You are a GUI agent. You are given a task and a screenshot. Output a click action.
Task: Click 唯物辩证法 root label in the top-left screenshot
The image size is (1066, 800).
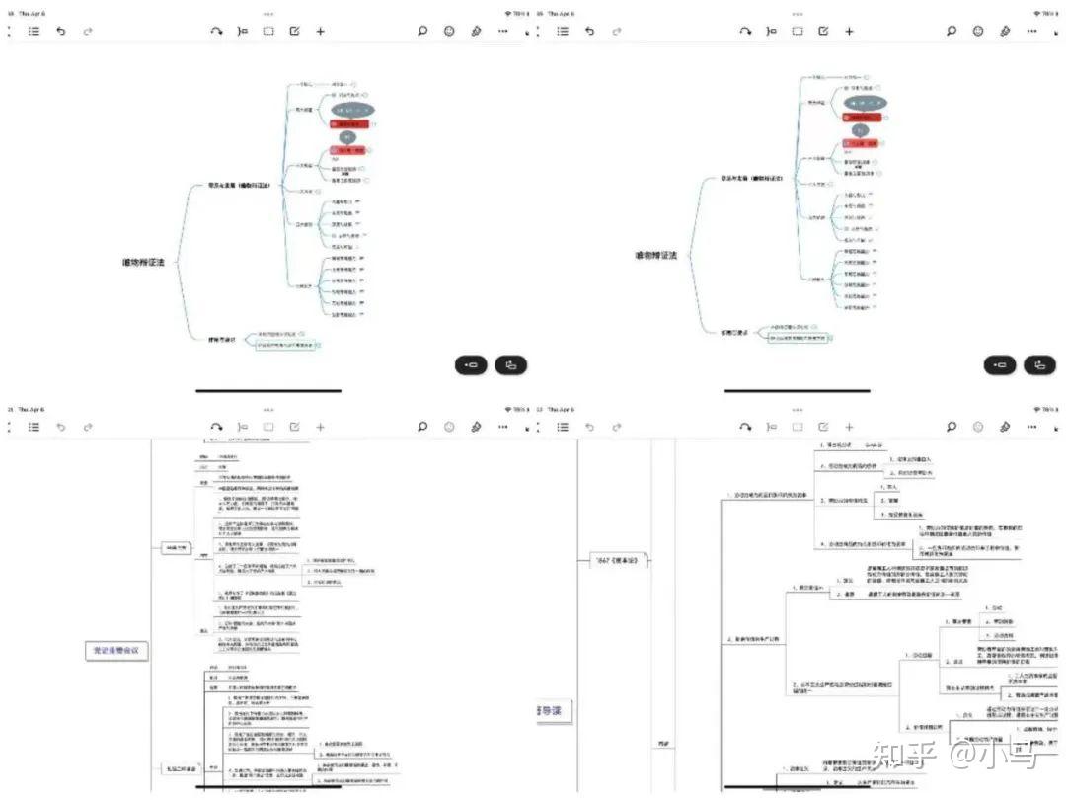pyautogui.click(x=143, y=263)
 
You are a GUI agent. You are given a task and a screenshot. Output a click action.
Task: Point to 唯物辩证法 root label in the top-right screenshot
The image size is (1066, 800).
pyautogui.click(x=655, y=256)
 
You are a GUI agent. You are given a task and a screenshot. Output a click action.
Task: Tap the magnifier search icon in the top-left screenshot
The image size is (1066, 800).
pyautogui.click(x=422, y=31)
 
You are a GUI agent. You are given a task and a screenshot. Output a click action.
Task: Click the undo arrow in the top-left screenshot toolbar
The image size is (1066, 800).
pyautogui.click(x=60, y=31)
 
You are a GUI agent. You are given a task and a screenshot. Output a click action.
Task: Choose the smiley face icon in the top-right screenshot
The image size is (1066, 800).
pyautogui.click(x=978, y=31)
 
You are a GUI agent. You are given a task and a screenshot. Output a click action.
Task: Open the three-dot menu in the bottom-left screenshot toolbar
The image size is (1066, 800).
pyautogui.click(x=502, y=427)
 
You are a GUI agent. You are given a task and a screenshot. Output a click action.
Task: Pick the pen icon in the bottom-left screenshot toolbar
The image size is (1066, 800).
pyautogui.click(x=476, y=427)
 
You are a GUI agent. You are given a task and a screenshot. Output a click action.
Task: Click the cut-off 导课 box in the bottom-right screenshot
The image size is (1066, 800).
pyautogui.click(x=544, y=709)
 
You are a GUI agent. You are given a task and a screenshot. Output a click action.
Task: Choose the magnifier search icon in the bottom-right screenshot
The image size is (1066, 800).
pyautogui.click(x=952, y=427)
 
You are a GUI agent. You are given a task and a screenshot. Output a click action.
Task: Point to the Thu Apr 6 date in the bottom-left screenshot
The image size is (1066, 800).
pyautogui.click(x=31, y=409)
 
